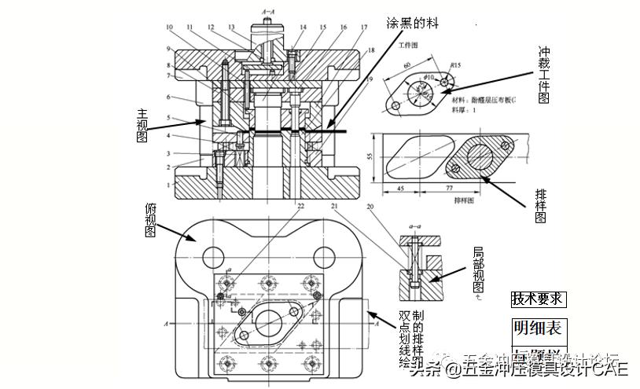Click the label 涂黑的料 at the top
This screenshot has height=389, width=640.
(411, 23)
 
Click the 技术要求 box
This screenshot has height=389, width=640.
(538, 299)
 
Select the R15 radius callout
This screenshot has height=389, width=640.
(454, 66)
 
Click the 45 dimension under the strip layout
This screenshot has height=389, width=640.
(400, 189)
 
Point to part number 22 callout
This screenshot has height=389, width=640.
(300, 206)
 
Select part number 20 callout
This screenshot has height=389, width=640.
(370, 206)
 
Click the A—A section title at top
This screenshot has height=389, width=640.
(268, 12)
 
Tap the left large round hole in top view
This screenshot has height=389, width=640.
(213, 256)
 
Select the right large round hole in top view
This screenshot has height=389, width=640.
(325, 256)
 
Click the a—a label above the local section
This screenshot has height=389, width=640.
(414, 226)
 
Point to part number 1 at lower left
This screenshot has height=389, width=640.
(167, 185)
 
